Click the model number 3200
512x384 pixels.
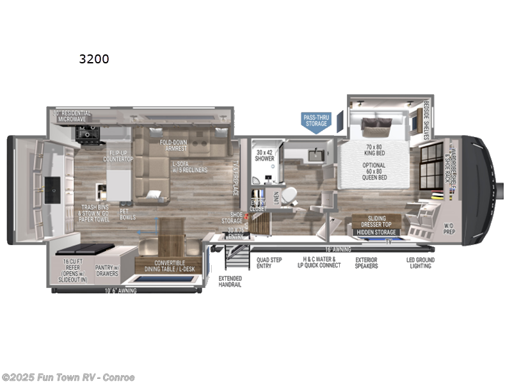pos(94,60)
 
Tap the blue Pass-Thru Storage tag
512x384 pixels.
pos(316,120)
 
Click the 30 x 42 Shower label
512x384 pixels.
pos(264,156)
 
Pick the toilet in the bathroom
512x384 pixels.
pos(289,193)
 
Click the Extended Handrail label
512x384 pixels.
pos(230,282)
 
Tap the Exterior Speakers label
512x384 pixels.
pos(367,262)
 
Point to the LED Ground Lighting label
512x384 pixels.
pos(420,262)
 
